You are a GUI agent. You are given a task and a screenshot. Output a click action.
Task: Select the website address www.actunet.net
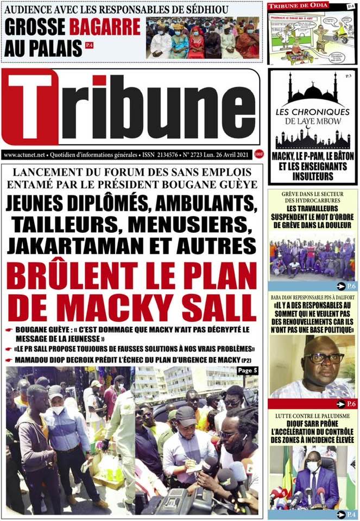[x=24, y=155]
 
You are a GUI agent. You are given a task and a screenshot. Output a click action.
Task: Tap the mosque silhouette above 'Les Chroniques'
[x=312, y=90]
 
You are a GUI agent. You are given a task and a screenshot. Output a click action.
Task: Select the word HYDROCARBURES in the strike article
[x=312, y=200]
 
